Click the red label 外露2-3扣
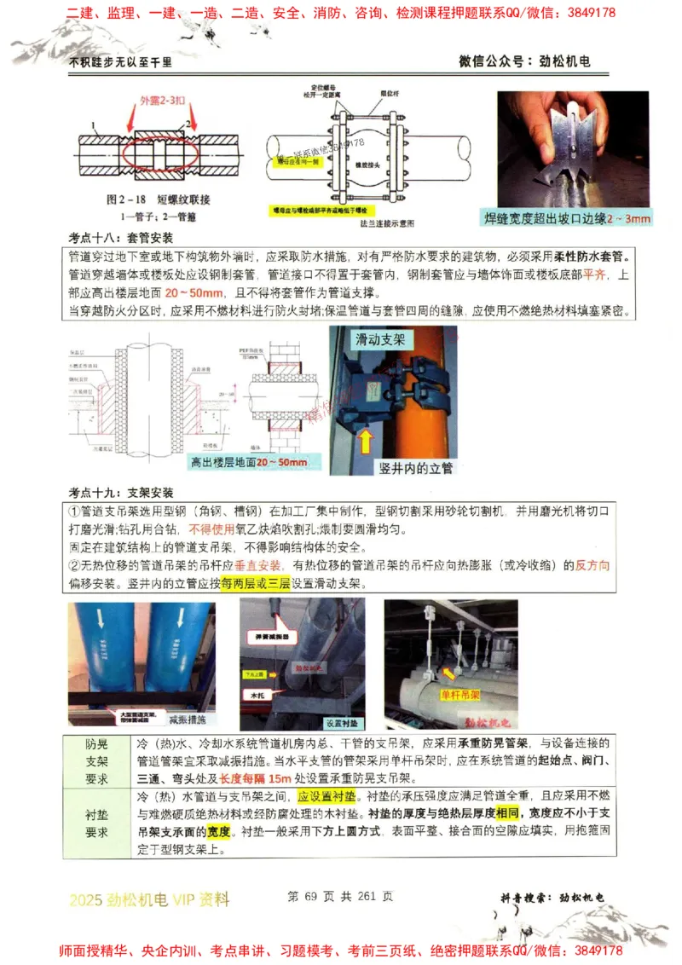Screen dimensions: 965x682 (161, 101)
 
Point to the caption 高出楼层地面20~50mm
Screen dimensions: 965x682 (248, 462)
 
